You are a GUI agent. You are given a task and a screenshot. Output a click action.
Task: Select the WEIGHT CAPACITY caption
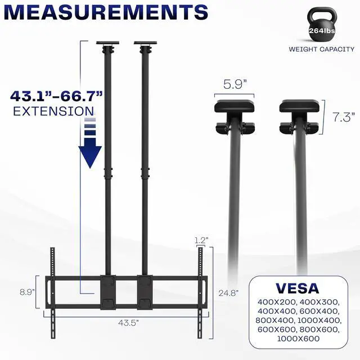(x=321, y=49)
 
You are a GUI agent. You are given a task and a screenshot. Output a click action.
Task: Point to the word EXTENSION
(x=53, y=111)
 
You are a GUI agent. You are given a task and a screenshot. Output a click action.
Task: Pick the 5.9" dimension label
(x=235, y=85)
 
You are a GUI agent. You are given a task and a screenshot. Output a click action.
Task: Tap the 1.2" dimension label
(x=201, y=240)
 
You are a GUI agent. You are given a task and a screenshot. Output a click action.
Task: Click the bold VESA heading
(x=298, y=288)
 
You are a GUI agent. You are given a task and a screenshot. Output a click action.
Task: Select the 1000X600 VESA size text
(x=298, y=338)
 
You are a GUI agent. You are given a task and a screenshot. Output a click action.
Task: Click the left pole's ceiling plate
(x=106, y=43)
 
